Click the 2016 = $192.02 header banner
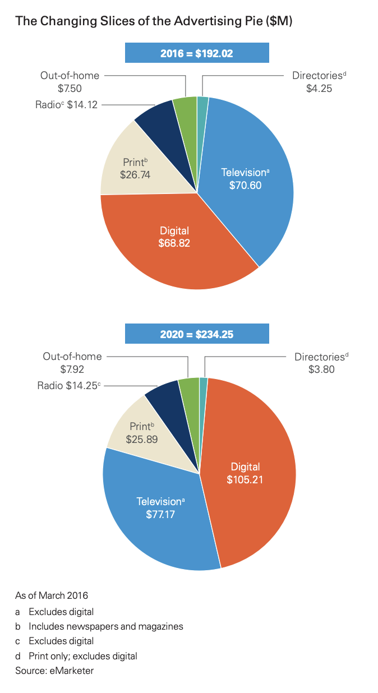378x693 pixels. [x=196, y=54]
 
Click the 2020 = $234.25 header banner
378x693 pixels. [x=196, y=334]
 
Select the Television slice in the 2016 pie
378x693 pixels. [x=247, y=168]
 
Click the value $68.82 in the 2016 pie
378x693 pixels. [x=174, y=243]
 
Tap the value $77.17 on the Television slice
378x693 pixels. [x=159, y=514]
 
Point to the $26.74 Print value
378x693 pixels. [x=135, y=174]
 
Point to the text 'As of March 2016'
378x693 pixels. [x=51, y=595]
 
